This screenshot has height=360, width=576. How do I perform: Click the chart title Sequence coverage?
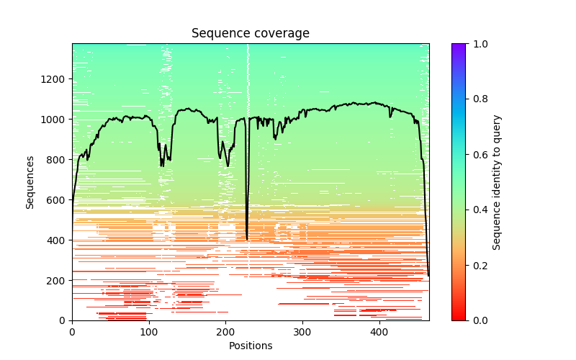250,34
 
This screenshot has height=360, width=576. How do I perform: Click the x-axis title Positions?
250,346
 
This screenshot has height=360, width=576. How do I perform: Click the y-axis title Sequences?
30,182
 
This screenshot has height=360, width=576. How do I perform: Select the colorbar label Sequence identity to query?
497,182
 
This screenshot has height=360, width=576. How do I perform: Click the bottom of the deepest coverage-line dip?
247,239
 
